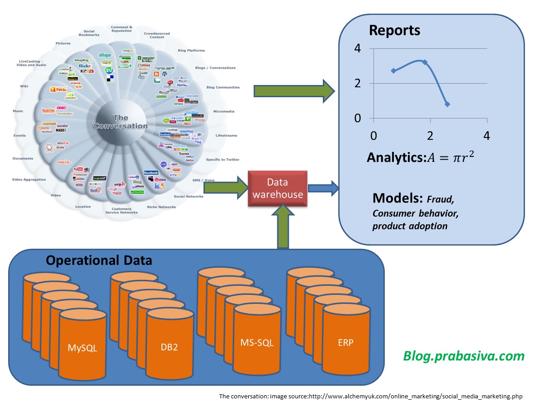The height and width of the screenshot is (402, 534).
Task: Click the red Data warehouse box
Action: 278,189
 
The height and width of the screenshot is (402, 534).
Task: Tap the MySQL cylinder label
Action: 82,348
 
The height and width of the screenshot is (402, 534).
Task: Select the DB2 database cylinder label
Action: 170,348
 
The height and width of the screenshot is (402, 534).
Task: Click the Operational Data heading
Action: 99,261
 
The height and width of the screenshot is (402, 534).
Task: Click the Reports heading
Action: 395,30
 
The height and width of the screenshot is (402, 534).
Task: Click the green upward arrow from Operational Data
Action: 283,226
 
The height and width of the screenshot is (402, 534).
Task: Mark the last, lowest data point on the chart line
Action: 447,104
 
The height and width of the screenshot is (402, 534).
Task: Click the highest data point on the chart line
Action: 425,62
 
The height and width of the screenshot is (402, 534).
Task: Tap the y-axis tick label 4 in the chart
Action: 358,48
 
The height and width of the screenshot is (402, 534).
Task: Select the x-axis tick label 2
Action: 430,136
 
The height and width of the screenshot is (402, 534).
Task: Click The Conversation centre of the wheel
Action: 120,122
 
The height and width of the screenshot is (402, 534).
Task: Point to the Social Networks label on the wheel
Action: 188,196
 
